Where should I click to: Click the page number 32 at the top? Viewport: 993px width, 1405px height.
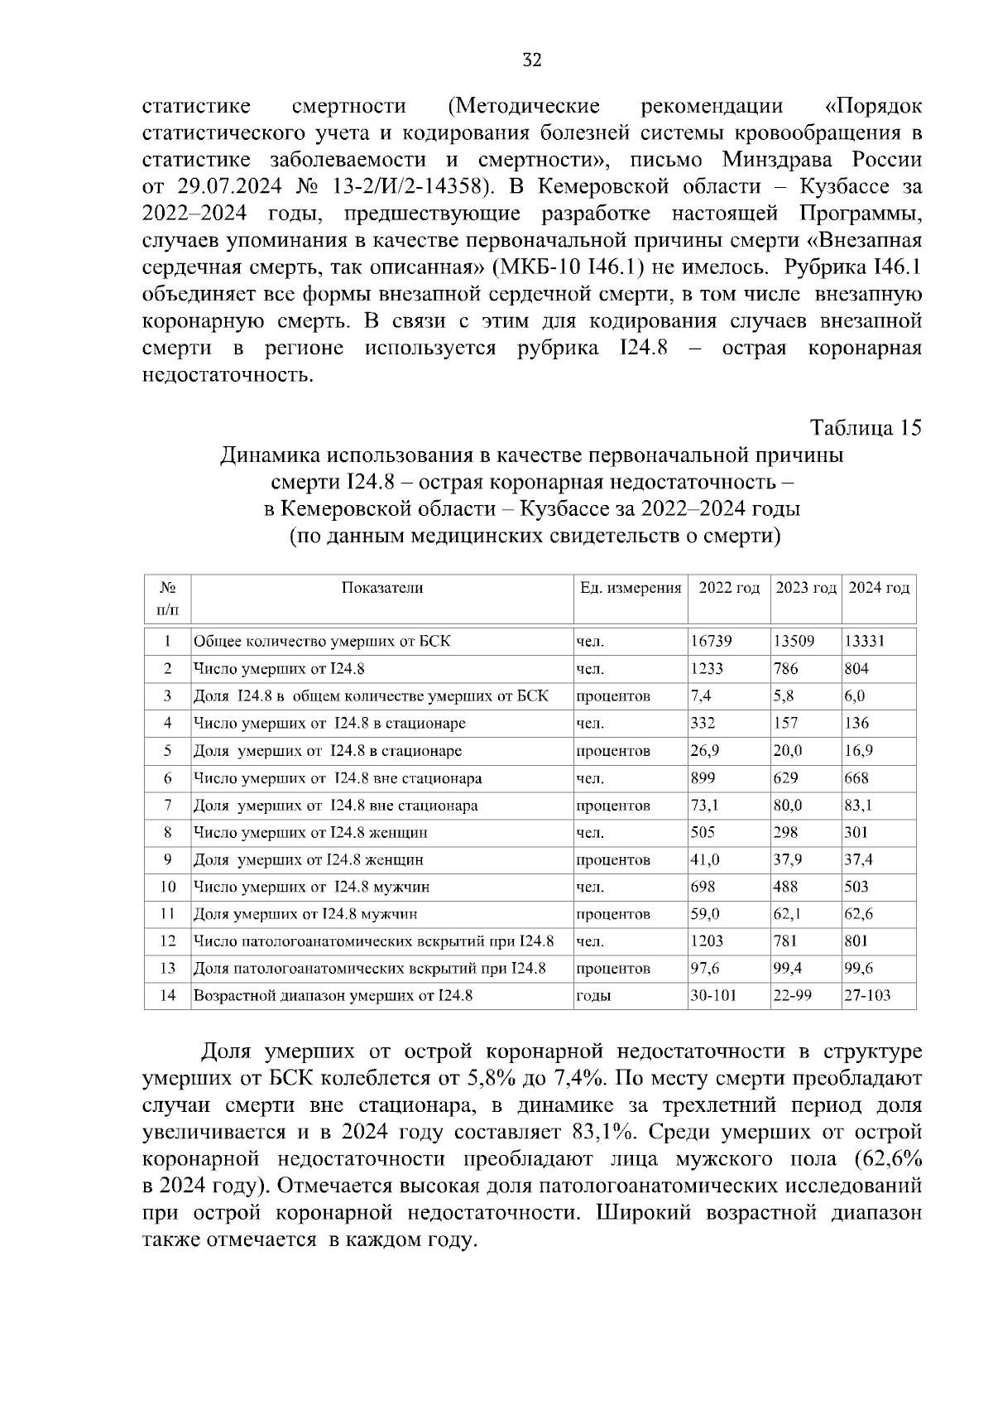point(531,60)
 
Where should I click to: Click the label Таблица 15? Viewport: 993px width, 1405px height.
point(865,428)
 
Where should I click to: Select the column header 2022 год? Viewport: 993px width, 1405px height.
point(728,588)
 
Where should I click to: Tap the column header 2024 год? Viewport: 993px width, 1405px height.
point(879,588)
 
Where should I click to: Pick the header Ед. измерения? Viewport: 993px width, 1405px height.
point(631,588)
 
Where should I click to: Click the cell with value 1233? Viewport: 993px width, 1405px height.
point(707,669)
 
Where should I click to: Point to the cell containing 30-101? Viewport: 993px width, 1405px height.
point(713,996)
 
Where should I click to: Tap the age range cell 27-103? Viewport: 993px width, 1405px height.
point(867,996)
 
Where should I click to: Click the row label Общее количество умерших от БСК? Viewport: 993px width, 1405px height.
point(322,642)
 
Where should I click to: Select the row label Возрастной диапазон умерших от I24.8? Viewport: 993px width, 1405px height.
point(333,996)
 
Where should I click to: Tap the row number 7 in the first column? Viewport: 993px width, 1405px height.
point(167,805)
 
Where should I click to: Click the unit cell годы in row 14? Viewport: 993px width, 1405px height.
point(592,996)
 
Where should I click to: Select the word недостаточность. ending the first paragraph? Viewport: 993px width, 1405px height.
point(228,375)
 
